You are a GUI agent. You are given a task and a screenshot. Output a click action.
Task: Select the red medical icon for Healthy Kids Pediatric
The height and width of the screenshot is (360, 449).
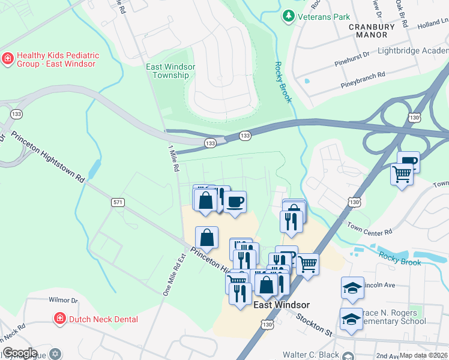pyautogui.click(x=8, y=59)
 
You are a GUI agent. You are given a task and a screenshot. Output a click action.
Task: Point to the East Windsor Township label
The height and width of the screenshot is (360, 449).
pyautogui.click(x=171, y=71)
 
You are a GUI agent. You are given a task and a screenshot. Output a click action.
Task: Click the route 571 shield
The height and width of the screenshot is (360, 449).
pyautogui.click(x=117, y=203)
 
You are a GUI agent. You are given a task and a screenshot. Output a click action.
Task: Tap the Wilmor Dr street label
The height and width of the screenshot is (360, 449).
pyautogui.click(x=63, y=299)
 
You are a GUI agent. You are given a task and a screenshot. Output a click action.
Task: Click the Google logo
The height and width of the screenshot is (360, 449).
pyautogui.click(x=20, y=353)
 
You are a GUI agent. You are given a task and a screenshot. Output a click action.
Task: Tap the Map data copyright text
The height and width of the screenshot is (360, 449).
pyautogui.click(x=424, y=355)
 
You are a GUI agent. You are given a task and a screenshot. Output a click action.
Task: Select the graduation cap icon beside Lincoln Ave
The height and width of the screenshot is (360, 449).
pyautogui.click(x=352, y=288)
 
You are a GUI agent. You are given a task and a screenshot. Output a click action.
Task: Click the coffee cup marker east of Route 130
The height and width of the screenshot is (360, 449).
pyautogui.click(x=408, y=161)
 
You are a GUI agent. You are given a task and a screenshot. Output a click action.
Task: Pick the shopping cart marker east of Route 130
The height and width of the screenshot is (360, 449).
pyautogui.click(x=402, y=175)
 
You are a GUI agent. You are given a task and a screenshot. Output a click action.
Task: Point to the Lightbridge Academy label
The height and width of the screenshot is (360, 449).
pyautogui.click(x=413, y=50)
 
